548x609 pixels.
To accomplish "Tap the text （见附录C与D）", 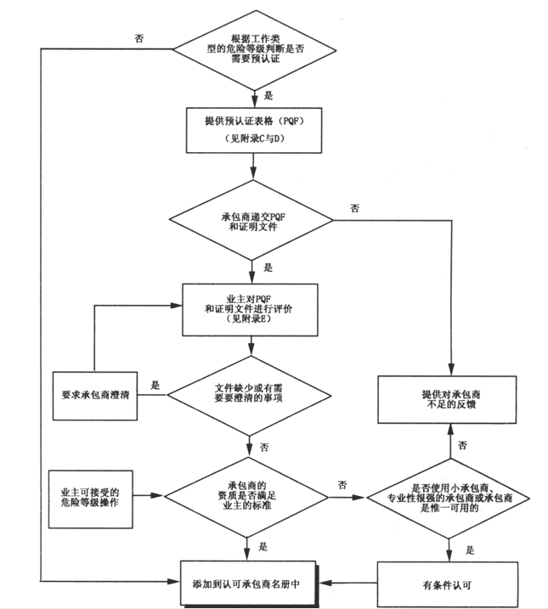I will [x=251, y=138].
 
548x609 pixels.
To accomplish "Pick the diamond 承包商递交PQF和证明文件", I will [x=251, y=221].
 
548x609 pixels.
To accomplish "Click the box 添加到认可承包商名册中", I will [x=253, y=585].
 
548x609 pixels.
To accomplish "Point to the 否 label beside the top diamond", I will [x=138, y=38].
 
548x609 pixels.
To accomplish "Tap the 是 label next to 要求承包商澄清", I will [x=155, y=384].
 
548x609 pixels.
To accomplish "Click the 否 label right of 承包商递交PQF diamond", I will [x=354, y=208].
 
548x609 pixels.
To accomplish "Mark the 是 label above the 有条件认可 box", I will [x=469, y=550].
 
